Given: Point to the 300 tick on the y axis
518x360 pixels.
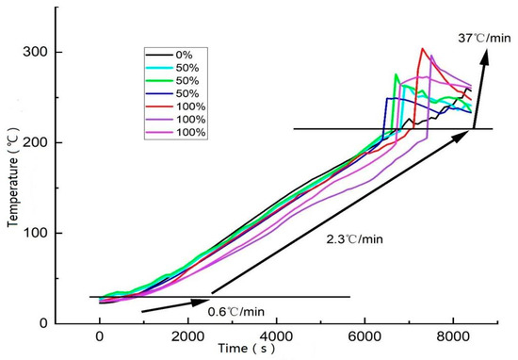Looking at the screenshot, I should [42, 53].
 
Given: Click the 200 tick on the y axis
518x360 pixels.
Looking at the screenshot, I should [42, 143].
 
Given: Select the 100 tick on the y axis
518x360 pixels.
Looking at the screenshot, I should [42, 234].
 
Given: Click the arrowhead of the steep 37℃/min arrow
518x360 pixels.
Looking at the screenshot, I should [489, 54].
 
